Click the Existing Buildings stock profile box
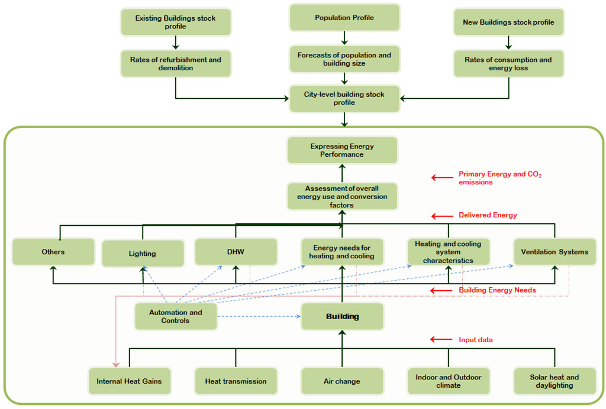[x=175, y=22]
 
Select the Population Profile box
[x=344, y=18]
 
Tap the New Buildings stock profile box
[x=508, y=22]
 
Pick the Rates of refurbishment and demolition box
[x=175, y=63]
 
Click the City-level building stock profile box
[x=344, y=98]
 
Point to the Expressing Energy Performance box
[x=341, y=150]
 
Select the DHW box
[x=236, y=252]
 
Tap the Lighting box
[x=142, y=254]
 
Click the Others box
[x=53, y=252]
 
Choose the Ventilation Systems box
[x=555, y=252]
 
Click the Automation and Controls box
[x=175, y=316]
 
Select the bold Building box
[x=342, y=316]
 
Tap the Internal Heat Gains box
[x=129, y=381]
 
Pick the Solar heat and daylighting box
[x=555, y=381]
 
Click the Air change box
[x=342, y=381]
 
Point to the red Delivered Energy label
[x=488, y=215]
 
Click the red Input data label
[x=475, y=339]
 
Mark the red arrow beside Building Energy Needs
[x=441, y=290]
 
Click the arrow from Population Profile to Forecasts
[x=344, y=38]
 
